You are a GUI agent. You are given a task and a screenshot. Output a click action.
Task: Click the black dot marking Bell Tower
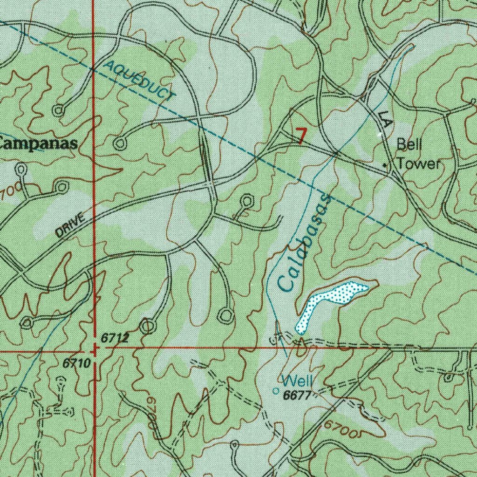[x=385, y=165]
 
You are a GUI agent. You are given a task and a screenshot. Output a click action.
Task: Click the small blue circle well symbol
[x=275, y=390]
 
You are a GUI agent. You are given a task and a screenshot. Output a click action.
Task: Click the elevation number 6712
[x=115, y=339]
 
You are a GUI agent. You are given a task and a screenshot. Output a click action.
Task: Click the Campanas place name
[x=37, y=143]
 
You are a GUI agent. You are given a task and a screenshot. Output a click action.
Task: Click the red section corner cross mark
[x=95, y=349]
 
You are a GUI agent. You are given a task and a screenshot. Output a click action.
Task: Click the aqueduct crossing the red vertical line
[x=94, y=70]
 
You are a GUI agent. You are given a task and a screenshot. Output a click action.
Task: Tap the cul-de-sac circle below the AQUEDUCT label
[x=120, y=143]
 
